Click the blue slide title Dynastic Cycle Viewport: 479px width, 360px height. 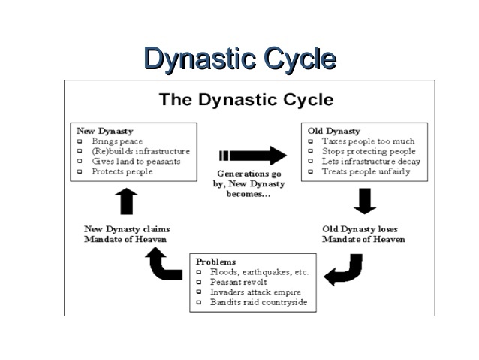239,58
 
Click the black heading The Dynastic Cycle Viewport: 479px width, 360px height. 246,100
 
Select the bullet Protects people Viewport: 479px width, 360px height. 122,171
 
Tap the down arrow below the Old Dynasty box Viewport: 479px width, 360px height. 364,201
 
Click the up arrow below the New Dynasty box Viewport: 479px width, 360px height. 126,201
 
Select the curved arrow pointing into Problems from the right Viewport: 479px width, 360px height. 344,270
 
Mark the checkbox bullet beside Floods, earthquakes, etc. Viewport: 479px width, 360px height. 199,272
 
